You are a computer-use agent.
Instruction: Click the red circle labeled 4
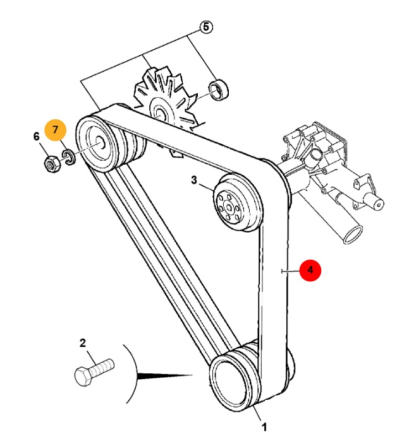(x=310, y=271)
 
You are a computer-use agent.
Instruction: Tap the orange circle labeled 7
(x=55, y=131)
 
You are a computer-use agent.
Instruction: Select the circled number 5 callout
(x=206, y=27)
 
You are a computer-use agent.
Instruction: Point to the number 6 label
(x=36, y=136)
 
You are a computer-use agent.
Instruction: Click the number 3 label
(x=195, y=180)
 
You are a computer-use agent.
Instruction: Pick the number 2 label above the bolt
(x=82, y=343)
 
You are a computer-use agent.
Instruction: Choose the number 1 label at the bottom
(x=264, y=428)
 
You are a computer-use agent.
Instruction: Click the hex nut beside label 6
(x=50, y=164)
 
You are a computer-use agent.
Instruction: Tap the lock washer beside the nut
(x=68, y=157)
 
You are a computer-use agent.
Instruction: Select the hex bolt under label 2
(x=93, y=370)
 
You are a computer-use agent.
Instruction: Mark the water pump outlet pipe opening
(x=350, y=233)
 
